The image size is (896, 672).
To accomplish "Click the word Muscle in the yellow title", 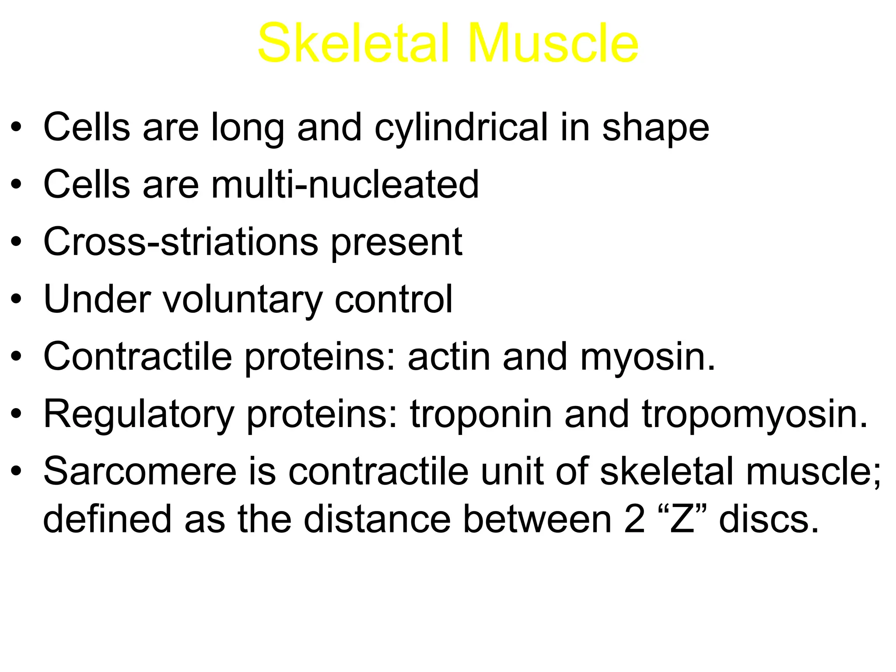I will coord(553,44).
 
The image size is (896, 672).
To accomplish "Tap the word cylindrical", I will coord(461,128).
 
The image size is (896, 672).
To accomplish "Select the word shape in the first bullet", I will coord(655,128).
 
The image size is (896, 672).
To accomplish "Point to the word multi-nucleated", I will coord(345,185).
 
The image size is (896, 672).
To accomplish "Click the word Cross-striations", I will coord(181,242).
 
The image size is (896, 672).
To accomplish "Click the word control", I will coord(393,299).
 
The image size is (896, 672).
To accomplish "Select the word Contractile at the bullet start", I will coord(137,357).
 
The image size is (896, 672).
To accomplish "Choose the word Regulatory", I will coord(139,415).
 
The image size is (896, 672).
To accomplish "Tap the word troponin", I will coord(481,415).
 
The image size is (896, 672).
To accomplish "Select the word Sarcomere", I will coord(140,472).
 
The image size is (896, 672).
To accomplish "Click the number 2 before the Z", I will coord(634,519).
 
